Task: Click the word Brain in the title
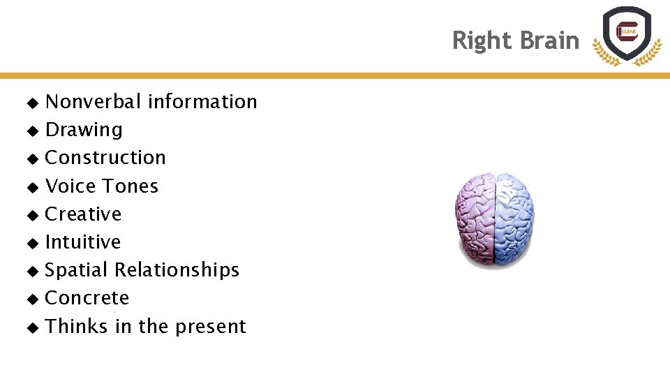pyautogui.click(x=548, y=40)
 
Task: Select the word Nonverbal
pyautogui.click(x=94, y=102)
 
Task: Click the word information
pyautogui.click(x=202, y=102)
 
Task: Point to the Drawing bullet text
pyautogui.click(x=84, y=130)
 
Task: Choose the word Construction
pyautogui.click(x=105, y=158)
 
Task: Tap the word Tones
pyautogui.click(x=131, y=186)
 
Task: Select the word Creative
pyautogui.click(x=83, y=214)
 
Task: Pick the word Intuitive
pyautogui.click(x=82, y=242)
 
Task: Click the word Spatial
pyautogui.click(x=76, y=270)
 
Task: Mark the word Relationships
pyautogui.click(x=177, y=270)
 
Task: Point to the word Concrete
pyautogui.click(x=87, y=298)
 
